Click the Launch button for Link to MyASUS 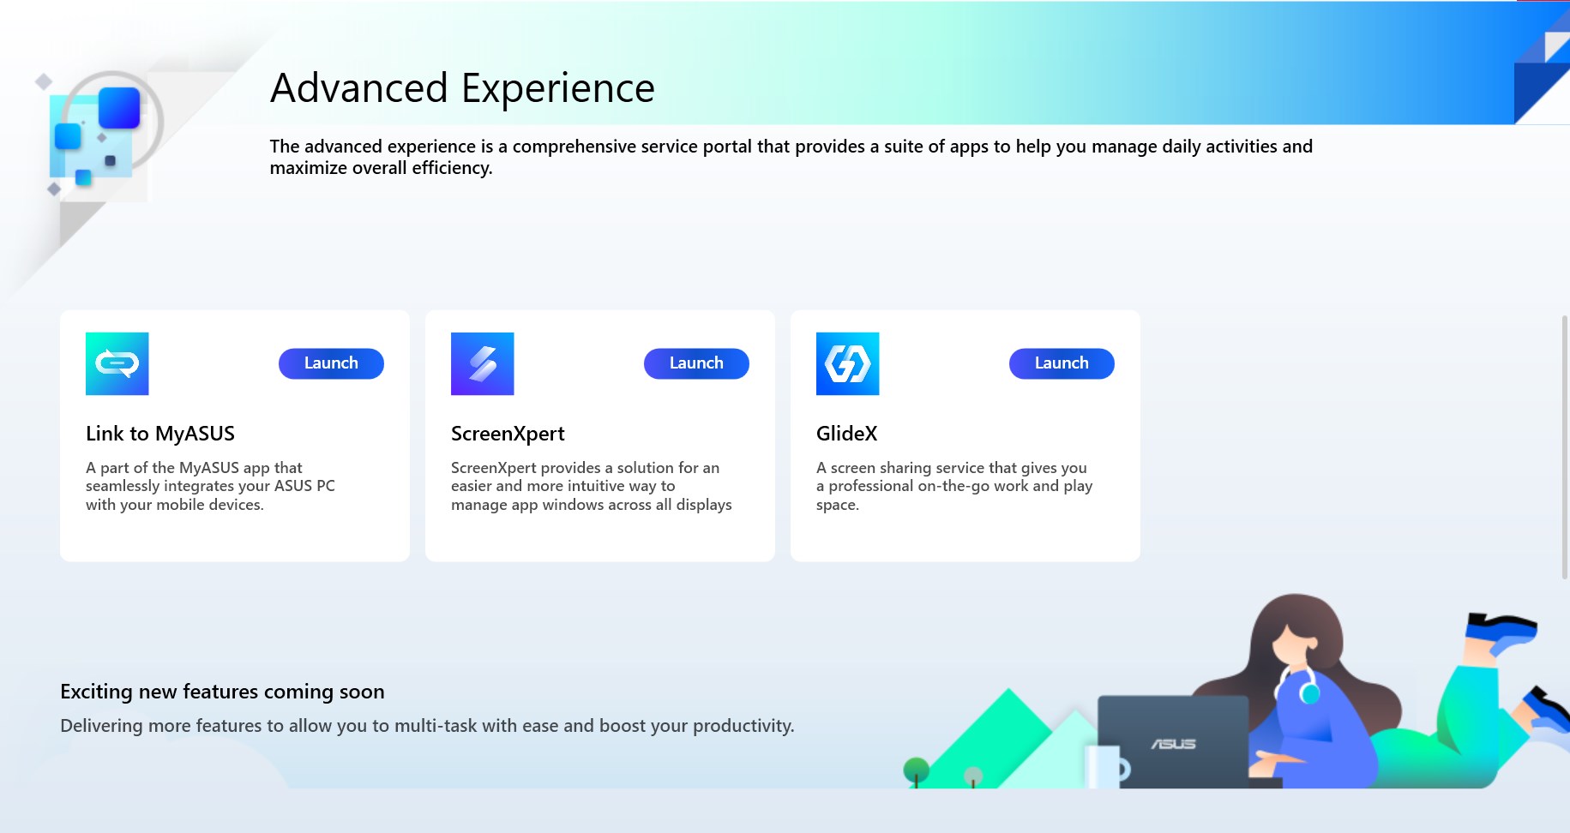point(331,363)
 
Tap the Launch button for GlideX point(1062,363)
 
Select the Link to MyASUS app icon point(117,363)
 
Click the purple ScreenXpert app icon point(483,363)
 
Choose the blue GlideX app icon point(848,363)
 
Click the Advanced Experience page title point(462,88)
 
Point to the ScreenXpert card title point(508,434)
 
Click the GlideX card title point(847,434)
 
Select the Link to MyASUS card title point(160,434)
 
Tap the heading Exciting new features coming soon point(222,692)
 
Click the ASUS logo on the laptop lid point(1173,744)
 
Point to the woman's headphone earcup point(1309,691)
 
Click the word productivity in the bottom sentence point(743,726)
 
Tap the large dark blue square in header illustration point(119,108)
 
